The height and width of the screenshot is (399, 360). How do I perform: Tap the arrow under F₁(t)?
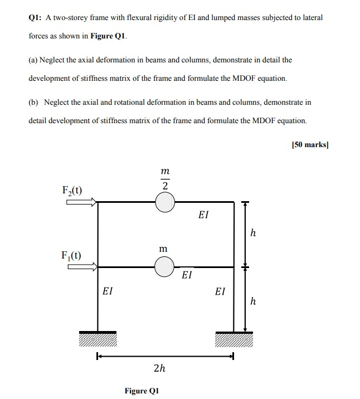coord(82,266)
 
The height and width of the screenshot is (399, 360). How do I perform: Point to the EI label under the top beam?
coord(203,215)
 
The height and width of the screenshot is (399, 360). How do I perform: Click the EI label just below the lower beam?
coord(187,275)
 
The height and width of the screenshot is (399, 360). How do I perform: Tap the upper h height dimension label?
coord(253,233)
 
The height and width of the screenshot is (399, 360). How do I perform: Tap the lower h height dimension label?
coord(253,301)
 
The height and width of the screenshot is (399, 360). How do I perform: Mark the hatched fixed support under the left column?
coord(98,339)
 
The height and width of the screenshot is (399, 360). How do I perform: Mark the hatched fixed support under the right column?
coord(234,339)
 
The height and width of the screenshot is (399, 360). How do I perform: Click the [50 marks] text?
coord(310,144)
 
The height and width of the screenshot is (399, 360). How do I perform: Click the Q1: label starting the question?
coord(36,18)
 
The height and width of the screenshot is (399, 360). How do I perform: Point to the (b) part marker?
coord(34,103)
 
